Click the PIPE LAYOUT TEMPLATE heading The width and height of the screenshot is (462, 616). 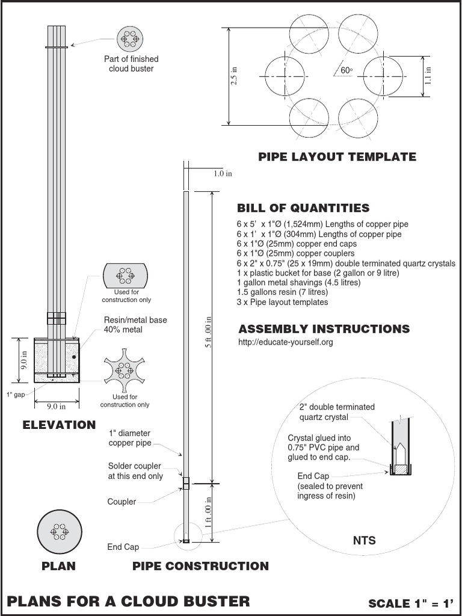point(337,157)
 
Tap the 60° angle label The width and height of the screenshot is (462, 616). point(346,70)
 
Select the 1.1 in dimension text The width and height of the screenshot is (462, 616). point(428,75)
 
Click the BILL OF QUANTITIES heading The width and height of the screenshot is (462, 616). point(303,209)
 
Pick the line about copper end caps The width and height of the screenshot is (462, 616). point(297,244)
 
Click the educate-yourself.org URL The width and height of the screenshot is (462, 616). point(286,342)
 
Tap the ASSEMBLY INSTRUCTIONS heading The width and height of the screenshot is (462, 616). point(324,329)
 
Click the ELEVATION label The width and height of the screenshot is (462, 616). point(59,425)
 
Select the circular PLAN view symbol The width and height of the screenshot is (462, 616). point(58,532)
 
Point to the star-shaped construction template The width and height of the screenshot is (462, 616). point(125,371)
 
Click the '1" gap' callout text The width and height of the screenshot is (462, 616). point(16,395)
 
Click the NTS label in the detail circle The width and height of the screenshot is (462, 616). point(364,540)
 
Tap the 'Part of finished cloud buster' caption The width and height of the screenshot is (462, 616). point(131,64)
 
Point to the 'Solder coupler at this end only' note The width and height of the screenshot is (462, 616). point(135,471)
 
